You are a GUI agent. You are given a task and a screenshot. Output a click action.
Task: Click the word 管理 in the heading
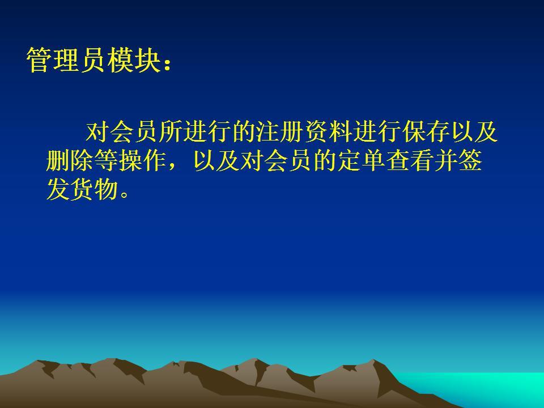click(52, 60)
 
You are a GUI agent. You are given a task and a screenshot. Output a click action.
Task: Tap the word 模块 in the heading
click(135, 60)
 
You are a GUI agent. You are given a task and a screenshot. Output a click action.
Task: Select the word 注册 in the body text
click(281, 131)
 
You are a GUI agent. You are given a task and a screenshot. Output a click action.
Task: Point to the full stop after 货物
click(125, 194)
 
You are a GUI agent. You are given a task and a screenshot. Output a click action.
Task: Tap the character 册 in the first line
click(293, 131)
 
